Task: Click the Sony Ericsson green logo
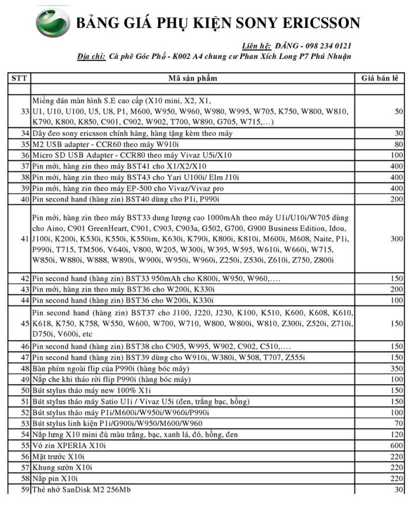53,22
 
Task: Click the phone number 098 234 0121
328,45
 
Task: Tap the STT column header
19,78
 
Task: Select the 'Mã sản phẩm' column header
192,78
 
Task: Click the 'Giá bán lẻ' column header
379,78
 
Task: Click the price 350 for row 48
397,368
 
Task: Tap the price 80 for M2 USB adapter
399,144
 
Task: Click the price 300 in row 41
397,238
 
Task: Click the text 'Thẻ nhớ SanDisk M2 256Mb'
81,489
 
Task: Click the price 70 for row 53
399,423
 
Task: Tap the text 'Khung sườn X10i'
62,467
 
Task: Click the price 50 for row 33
399,111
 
